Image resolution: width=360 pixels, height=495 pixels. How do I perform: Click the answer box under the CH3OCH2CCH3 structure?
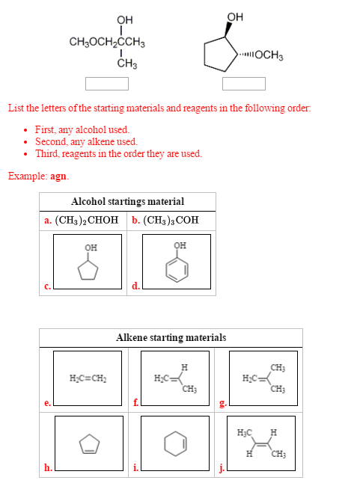tap(101, 82)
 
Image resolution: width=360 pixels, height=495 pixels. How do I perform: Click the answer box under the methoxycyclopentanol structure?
tap(238, 82)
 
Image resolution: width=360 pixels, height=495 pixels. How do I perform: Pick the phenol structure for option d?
tap(177, 261)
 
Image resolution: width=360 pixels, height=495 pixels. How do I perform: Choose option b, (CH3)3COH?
tap(165, 221)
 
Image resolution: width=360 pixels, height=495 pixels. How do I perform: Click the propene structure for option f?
tap(171, 378)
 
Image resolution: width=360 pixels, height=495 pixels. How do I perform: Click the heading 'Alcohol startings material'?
tap(127, 202)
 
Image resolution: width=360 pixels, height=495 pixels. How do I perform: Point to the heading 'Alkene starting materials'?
tap(171, 338)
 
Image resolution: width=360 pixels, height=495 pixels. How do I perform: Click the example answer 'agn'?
tap(59, 176)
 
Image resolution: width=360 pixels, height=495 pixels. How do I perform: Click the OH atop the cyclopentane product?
tap(234, 16)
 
